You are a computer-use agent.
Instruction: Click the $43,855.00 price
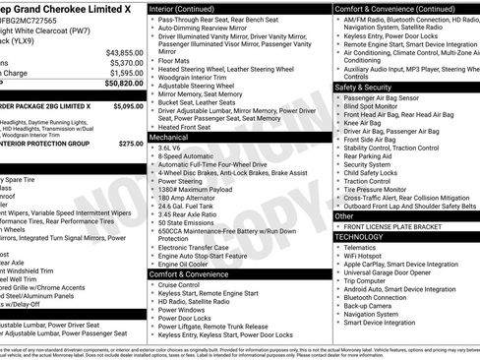[x=124, y=51]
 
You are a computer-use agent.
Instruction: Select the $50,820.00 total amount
[x=124, y=84]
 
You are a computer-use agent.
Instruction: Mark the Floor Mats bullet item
[x=176, y=61]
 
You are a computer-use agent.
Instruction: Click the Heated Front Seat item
[x=191, y=127]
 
